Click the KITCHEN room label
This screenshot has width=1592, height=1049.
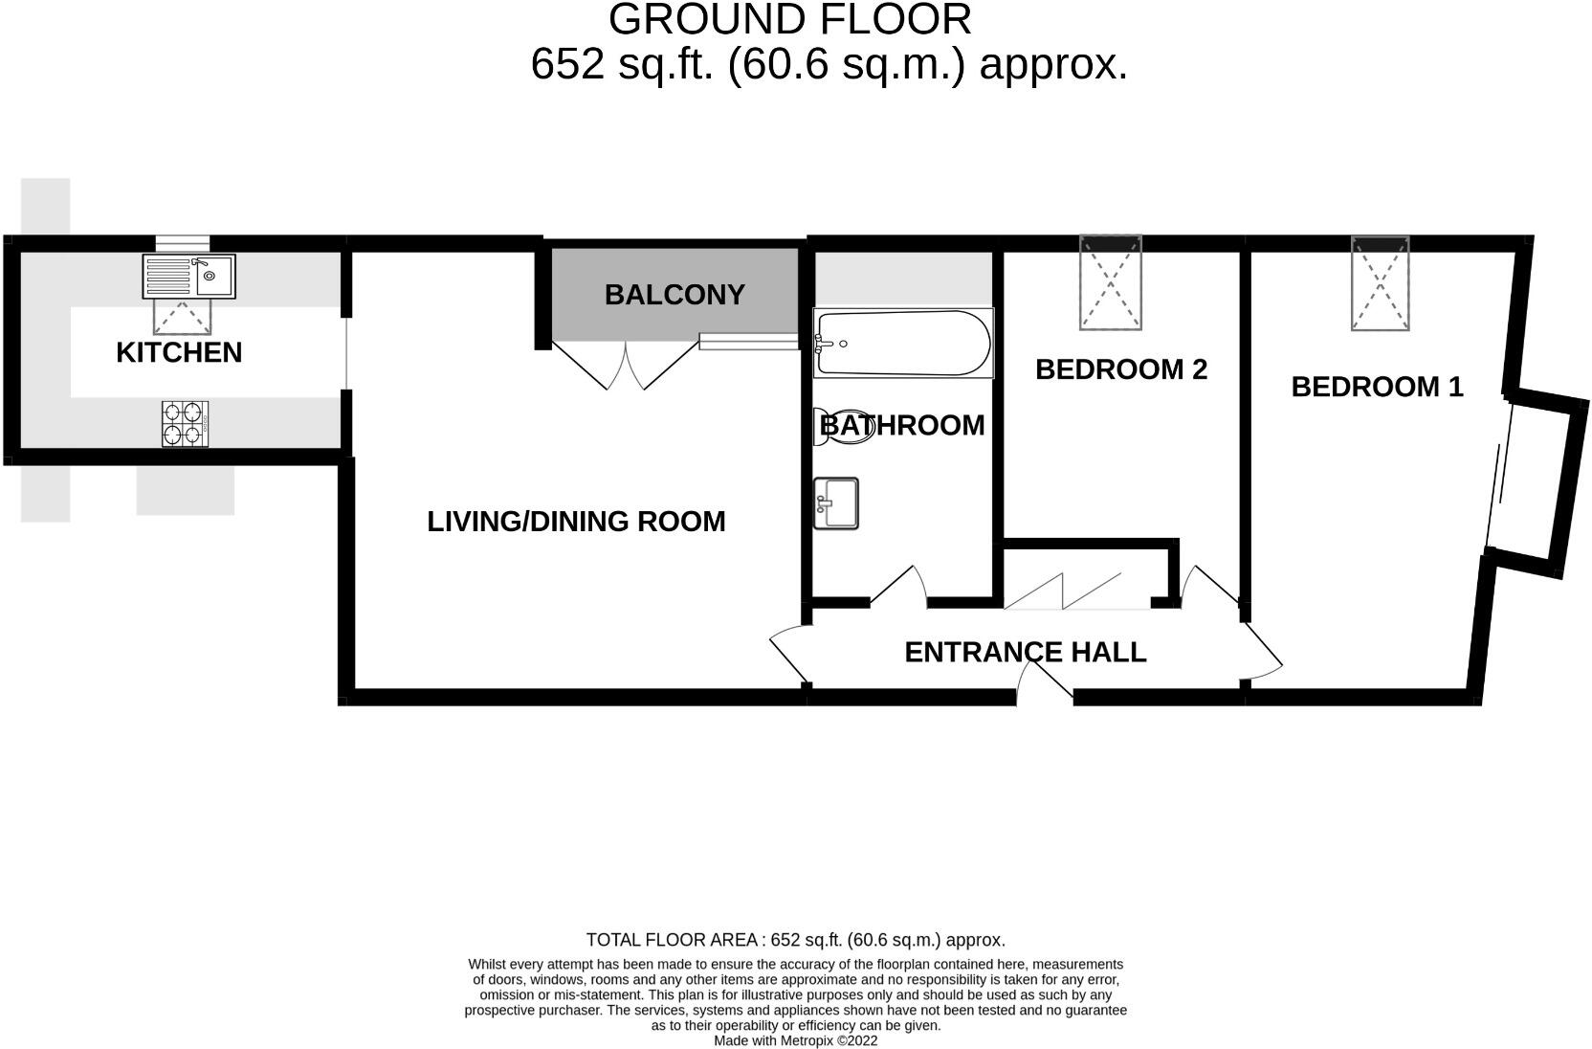tap(179, 352)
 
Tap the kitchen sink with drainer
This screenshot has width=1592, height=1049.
tap(188, 277)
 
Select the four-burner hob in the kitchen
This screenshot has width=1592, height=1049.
tap(186, 423)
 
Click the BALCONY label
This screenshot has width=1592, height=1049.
tap(674, 295)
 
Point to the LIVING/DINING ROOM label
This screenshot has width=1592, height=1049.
tap(576, 522)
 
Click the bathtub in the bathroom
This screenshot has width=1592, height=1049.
tap(902, 343)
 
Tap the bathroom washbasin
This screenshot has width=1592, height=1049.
tap(835, 502)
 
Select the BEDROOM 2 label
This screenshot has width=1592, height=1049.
tap(1121, 369)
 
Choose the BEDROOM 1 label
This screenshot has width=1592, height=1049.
tap(1377, 387)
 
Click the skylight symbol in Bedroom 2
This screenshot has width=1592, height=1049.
tap(1111, 282)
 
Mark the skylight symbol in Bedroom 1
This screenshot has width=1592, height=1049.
tap(1380, 283)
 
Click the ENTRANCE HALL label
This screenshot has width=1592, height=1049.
tap(1025, 652)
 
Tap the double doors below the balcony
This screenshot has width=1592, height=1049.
tap(626, 367)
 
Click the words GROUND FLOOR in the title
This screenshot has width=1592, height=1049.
tap(789, 19)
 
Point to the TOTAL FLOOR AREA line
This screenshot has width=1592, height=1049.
tap(795, 940)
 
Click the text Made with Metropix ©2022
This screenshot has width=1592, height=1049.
tap(795, 1040)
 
